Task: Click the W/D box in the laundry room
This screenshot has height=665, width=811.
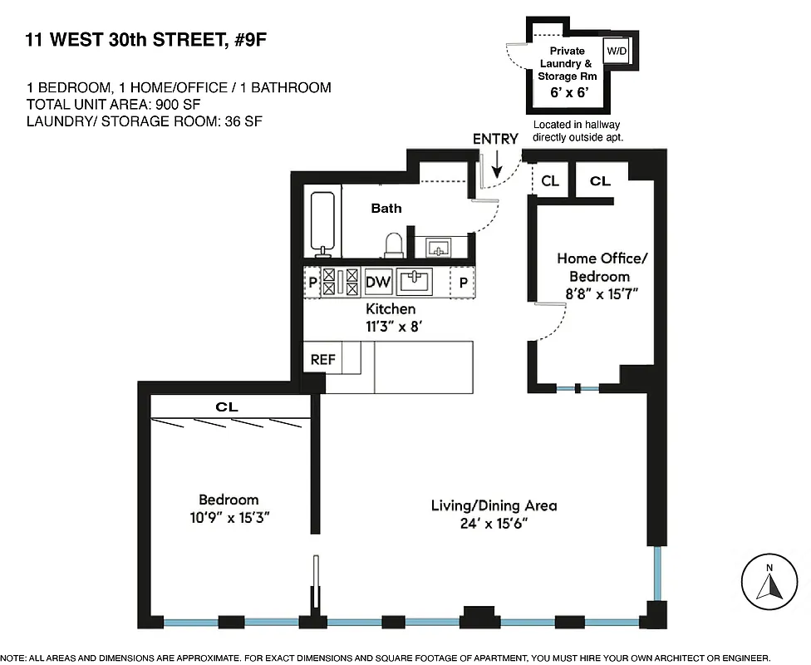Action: tap(617, 51)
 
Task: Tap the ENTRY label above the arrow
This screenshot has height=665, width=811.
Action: tap(495, 139)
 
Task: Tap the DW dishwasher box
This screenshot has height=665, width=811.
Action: tap(378, 282)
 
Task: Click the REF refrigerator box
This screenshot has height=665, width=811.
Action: tap(322, 360)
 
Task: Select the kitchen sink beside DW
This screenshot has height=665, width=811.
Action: tap(415, 282)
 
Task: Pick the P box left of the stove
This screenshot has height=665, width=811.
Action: tap(312, 282)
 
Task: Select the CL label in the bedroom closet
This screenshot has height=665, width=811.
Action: tap(227, 407)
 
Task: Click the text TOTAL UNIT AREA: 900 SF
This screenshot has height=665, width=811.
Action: tap(114, 104)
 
